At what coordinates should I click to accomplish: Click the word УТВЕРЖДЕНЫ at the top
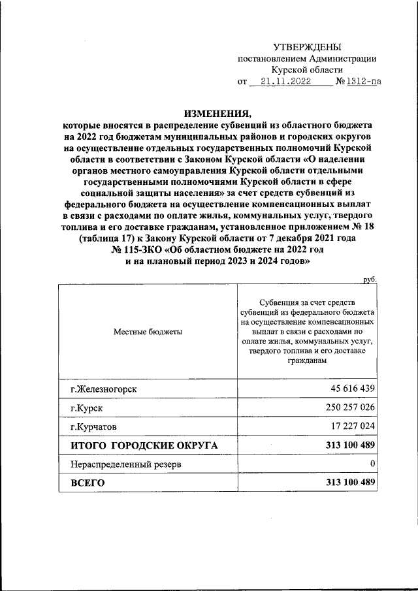[x=306, y=46]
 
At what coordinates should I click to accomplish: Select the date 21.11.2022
[x=285, y=82]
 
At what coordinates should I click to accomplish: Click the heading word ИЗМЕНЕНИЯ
[x=217, y=112]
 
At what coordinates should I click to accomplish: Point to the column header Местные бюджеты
[x=148, y=332]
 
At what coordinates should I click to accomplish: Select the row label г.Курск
[x=86, y=408]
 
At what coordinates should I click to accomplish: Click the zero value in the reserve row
[x=372, y=464]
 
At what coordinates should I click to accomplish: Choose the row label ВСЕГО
[x=88, y=483]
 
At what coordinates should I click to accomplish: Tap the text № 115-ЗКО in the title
[x=139, y=250]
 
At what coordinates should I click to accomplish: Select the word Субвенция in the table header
[x=279, y=303]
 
